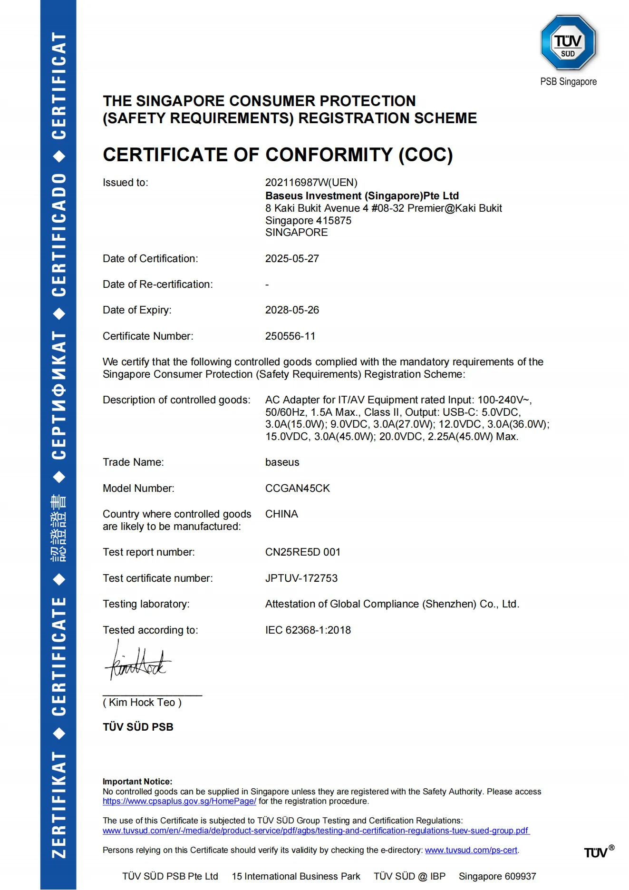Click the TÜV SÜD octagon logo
click(568, 43)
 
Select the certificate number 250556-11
click(290, 336)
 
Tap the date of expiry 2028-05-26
click(292, 310)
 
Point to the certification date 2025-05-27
click(292, 259)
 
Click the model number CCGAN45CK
click(297, 489)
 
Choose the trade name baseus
click(282, 462)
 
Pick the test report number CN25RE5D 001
click(302, 552)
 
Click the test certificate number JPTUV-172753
click(301, 578)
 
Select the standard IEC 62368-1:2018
click(308, 630)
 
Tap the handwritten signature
click(137, 661)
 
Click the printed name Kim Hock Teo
click(142, 703)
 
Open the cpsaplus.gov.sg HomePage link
click(179, 802)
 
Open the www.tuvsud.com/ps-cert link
click(471, 851)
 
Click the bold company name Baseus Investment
click(361, 196)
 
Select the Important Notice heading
click(137, 782)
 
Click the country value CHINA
click(281, 514)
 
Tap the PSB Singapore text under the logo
click(568, 82)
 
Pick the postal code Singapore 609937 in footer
click(497, 877)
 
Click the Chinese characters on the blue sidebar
click(58, 528)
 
